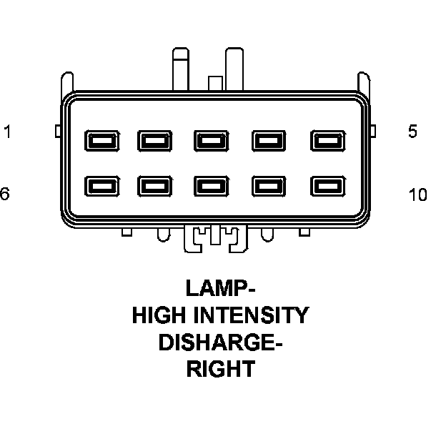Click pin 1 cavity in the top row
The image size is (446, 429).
pos(98,139)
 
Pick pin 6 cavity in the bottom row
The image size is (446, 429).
pos(98,187)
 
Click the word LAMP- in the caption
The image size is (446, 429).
pos(219,288)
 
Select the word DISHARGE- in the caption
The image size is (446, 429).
pos(219,342)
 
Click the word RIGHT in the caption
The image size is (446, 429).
pos(219,370)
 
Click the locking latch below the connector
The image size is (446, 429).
pos(215,238)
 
